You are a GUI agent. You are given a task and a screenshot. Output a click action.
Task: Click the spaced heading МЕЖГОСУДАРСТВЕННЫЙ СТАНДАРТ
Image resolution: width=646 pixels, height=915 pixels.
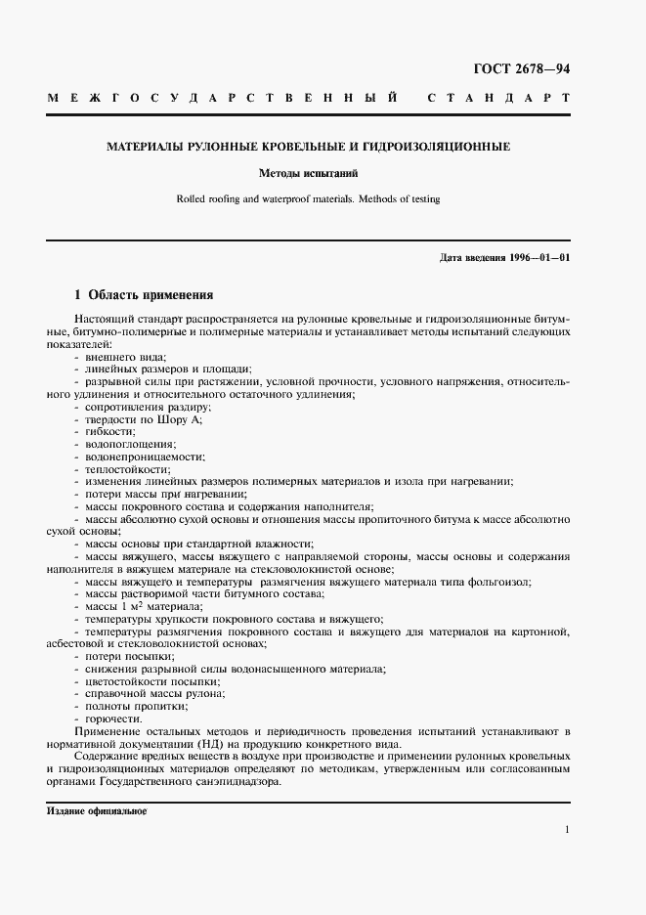[x=308, y=100]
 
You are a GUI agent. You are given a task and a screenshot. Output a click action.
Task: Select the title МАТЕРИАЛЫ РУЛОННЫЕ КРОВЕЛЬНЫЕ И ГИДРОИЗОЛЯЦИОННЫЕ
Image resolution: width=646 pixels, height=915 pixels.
[x=308, y=148]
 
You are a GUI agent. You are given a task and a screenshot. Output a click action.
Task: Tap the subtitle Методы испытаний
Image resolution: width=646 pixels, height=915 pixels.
[x=308, y=174]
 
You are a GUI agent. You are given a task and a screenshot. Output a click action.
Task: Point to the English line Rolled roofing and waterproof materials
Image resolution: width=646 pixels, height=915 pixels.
[x=308, y=199]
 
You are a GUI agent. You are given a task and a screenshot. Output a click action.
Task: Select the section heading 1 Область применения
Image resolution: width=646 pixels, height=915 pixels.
[x=144, y=294]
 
